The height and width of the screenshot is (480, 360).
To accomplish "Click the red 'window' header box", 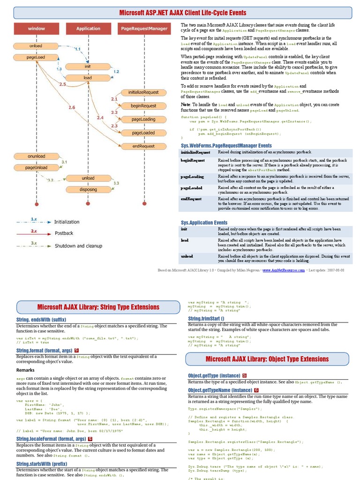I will point(36,29).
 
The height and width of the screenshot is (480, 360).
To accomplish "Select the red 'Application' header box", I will point(88,29).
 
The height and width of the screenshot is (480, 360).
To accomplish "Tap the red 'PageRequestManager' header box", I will point(144,29).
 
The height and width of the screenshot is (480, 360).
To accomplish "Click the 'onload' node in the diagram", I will point(36,46).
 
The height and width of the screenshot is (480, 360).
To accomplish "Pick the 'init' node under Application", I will point(88,66).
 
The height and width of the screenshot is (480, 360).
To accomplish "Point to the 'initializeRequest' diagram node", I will point(143,92).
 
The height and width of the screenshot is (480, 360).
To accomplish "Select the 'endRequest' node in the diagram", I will point(143,146).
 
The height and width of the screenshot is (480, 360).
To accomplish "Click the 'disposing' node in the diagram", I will point(88,189).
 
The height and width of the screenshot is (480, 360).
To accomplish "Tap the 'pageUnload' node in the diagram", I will point(36,167).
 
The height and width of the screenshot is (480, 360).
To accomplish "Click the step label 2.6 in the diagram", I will point(72,107).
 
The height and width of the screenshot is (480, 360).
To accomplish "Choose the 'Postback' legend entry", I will point(64,233).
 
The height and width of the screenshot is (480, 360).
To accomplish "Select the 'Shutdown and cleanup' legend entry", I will point(78,246).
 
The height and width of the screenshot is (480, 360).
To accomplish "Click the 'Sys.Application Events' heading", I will point(204,223).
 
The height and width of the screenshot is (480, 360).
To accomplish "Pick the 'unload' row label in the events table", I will point(187,256).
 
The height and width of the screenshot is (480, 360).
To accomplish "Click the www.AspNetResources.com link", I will point(283,270).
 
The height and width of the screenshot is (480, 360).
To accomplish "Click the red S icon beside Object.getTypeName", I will point(257,390).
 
